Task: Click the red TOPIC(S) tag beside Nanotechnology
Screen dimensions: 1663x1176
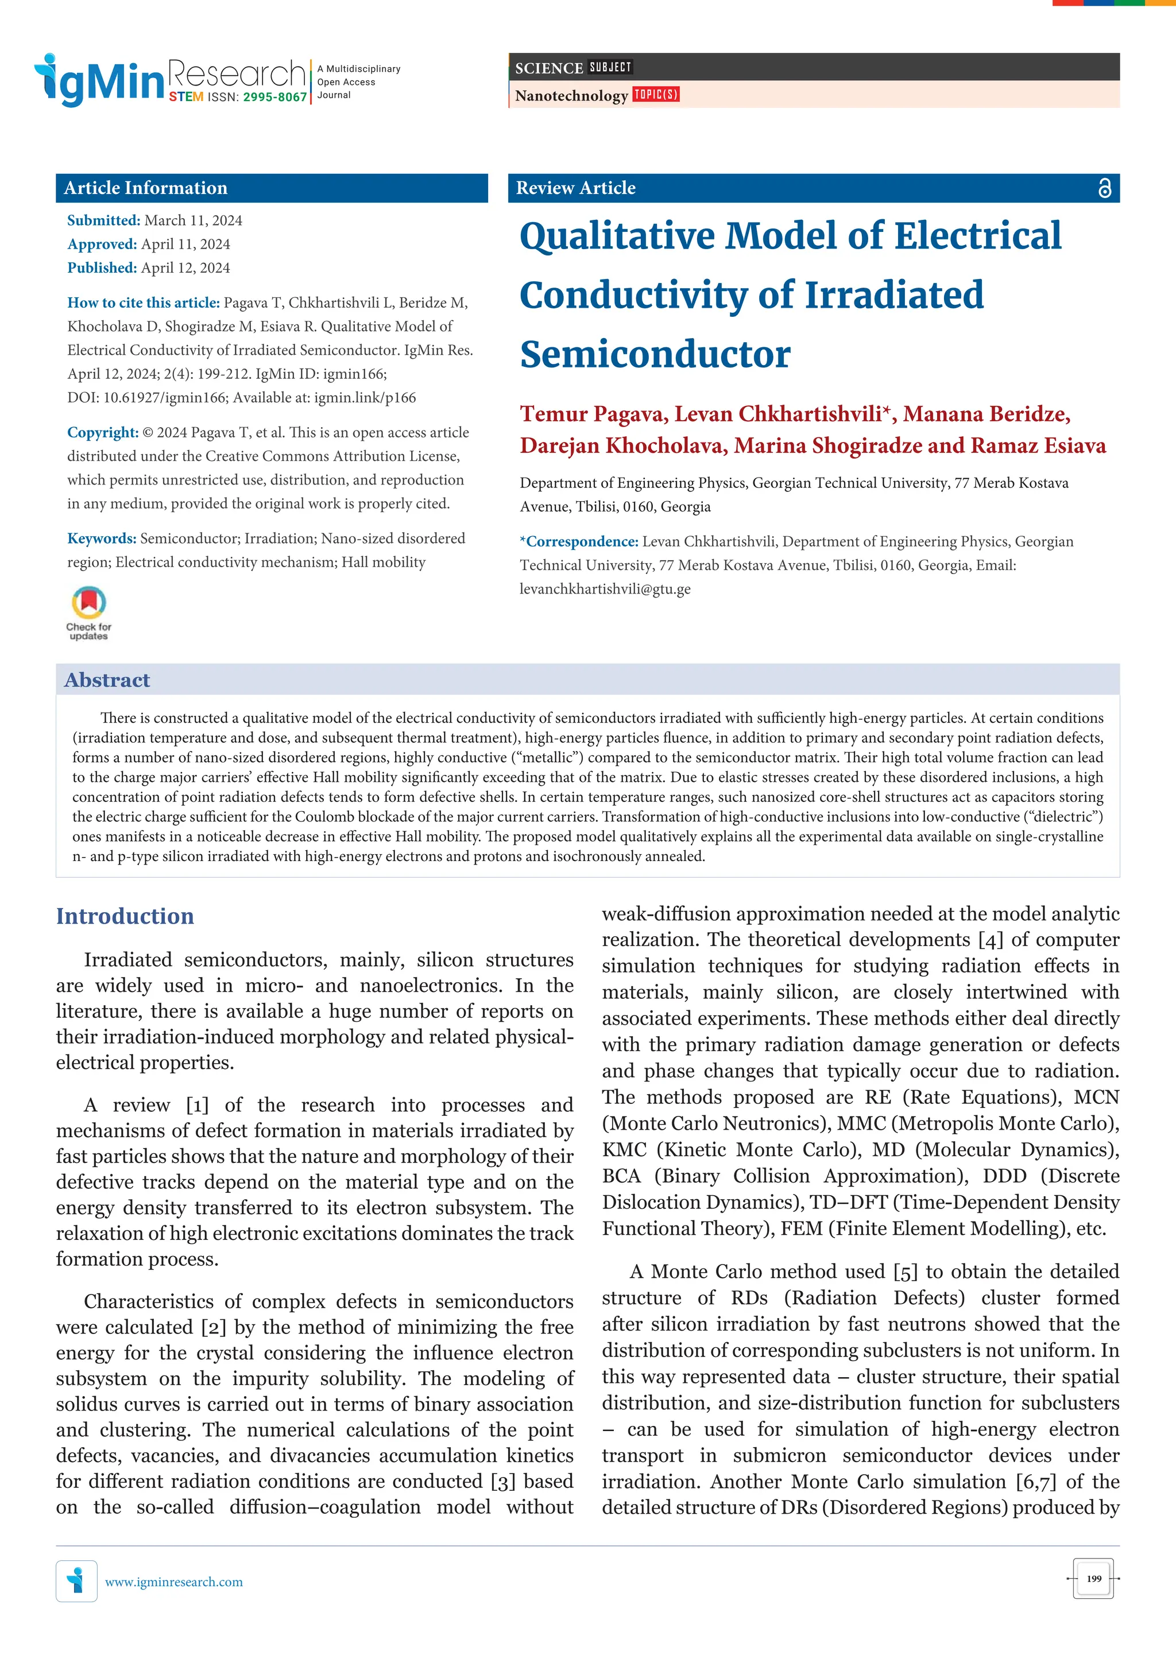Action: tap(656, 94)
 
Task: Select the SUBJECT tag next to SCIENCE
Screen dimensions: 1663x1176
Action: tap(610, 67)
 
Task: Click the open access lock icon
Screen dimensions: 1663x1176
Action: tap(1104, 188)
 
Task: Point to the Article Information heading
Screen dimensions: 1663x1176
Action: tap(146, 188)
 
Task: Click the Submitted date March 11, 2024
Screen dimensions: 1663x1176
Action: tap(193, 220)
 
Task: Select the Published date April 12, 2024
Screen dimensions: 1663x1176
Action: tap(185, 268)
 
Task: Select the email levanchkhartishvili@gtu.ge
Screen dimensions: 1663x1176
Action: tap(605, 589)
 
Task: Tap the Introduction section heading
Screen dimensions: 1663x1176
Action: tap(125, 916)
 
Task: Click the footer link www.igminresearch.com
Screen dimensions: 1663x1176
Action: tap(174, 1582)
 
